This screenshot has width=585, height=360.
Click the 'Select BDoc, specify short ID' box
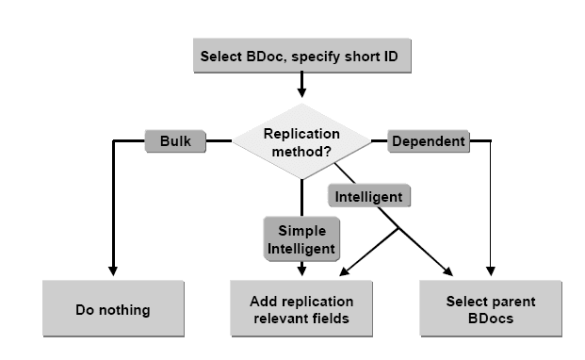301,56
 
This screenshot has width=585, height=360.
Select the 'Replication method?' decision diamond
301,141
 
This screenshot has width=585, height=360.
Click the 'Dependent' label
428,141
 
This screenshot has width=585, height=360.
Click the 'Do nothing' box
112,309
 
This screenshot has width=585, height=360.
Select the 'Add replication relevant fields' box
301,309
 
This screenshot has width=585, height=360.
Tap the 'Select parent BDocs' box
490,309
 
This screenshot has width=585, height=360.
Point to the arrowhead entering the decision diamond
301,93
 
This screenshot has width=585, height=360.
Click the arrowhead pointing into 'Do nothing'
112,274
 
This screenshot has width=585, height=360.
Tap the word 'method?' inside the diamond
301,150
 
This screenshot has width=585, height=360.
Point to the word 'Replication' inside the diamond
301,134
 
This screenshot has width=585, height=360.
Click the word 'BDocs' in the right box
490,317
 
